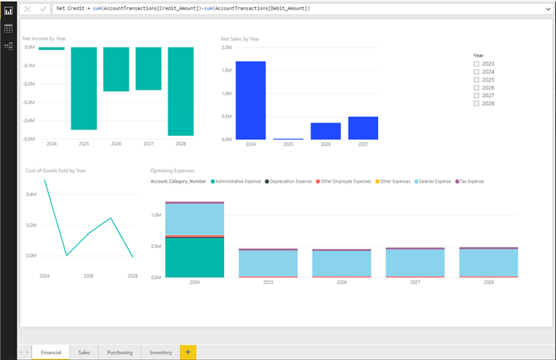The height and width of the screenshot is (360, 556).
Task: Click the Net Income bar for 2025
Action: coord(83,87)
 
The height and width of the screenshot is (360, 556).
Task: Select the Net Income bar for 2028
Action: coord(180,91)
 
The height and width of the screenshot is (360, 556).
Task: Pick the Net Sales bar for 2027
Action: coord(363,128)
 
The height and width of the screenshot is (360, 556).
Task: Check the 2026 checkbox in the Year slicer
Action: coord(477,87)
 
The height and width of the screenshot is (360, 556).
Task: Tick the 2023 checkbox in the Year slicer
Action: coord(477,64)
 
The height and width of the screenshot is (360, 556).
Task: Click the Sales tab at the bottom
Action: coord(84,351)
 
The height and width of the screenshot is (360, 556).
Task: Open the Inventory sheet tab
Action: coord(160,351)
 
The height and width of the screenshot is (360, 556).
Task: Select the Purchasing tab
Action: coord(120,351)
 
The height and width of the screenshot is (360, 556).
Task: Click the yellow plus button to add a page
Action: coord(188,351)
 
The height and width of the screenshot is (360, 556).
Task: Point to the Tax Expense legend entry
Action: coord(470,182)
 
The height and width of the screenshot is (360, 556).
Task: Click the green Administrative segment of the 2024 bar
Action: coord(195,257)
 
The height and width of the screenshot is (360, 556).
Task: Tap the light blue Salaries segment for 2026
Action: coord(342,263)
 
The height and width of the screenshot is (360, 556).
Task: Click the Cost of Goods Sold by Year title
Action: coord(56,171)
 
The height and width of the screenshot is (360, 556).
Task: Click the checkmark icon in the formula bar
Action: coord(43,8)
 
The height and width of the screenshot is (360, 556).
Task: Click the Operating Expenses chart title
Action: coord(172,171)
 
